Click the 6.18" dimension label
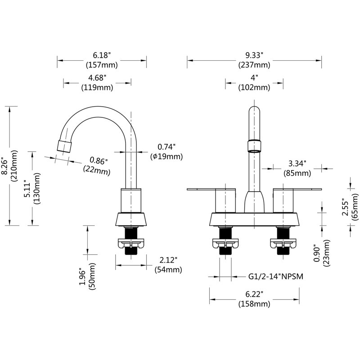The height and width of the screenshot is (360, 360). (x=102, y=55)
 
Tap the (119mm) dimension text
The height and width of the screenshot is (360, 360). (x=97, y=87)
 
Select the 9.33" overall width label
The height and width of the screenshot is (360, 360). (x=254, y=55)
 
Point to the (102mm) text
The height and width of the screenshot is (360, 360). (x=254, y=87)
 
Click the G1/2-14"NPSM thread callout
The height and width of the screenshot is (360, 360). (x=276, y=276)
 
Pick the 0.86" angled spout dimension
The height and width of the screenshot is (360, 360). (x=98, y=161)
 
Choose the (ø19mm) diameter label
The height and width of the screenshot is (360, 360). (x=166, y=157)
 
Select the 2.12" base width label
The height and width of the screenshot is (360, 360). (x=168, y=260)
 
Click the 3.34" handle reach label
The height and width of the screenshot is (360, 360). (x=297, y=163)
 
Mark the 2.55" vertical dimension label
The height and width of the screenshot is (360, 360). (x=345, y=207)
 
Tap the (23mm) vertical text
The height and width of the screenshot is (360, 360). (x=326, y=253)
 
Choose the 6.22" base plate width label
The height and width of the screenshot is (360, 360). (x=254, y=294)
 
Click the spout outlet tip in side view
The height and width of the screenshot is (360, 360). (x=64, y=146)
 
